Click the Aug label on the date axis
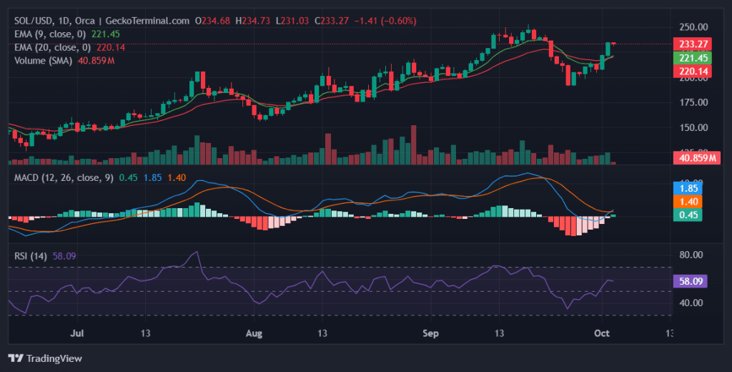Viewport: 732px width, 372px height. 254,333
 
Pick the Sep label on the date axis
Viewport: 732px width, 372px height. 430,333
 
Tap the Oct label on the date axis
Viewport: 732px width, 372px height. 601,333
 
